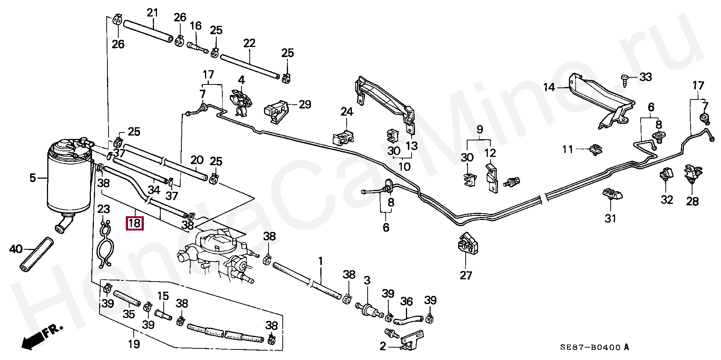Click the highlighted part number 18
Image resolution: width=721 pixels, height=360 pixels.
pos(134,223)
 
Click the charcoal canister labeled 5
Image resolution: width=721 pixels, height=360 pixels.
pos(68,176)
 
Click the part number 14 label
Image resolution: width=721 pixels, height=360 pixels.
pos(549,87)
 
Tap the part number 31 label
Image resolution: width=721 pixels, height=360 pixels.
pos(610,218)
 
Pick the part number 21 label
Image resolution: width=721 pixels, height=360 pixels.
pos(152,13)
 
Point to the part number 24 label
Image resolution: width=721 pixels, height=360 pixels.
pos(347,111)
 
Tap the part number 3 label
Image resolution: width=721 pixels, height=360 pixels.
pos(367,280)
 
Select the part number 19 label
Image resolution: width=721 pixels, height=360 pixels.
pos(134,344)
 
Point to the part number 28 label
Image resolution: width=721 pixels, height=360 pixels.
pos(692,201)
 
